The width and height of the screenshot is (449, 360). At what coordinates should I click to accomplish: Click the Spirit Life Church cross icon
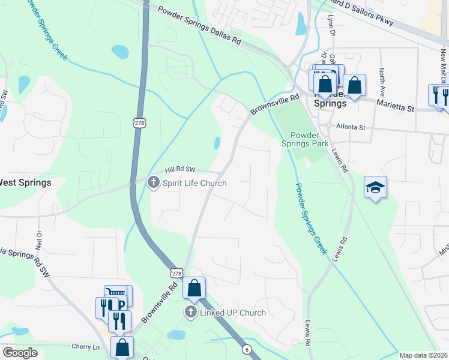click(154, 182)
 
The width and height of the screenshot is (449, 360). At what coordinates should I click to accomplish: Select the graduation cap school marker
click(375, 187)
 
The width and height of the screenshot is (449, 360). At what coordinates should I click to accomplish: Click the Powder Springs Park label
click(310, 139)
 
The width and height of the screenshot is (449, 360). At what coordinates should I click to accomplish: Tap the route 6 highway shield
click(246, 349)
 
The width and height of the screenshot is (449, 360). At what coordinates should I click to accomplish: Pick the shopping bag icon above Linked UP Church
click(194, 289)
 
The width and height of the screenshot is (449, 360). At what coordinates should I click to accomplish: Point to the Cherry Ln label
click(85, 347)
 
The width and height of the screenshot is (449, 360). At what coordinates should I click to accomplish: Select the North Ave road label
click(381, 81)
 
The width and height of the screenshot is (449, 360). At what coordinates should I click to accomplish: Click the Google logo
click(20, 353)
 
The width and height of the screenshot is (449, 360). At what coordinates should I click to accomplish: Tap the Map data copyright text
click(424, 355)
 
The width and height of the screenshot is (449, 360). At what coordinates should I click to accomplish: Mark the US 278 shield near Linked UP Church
click(176, 273)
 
